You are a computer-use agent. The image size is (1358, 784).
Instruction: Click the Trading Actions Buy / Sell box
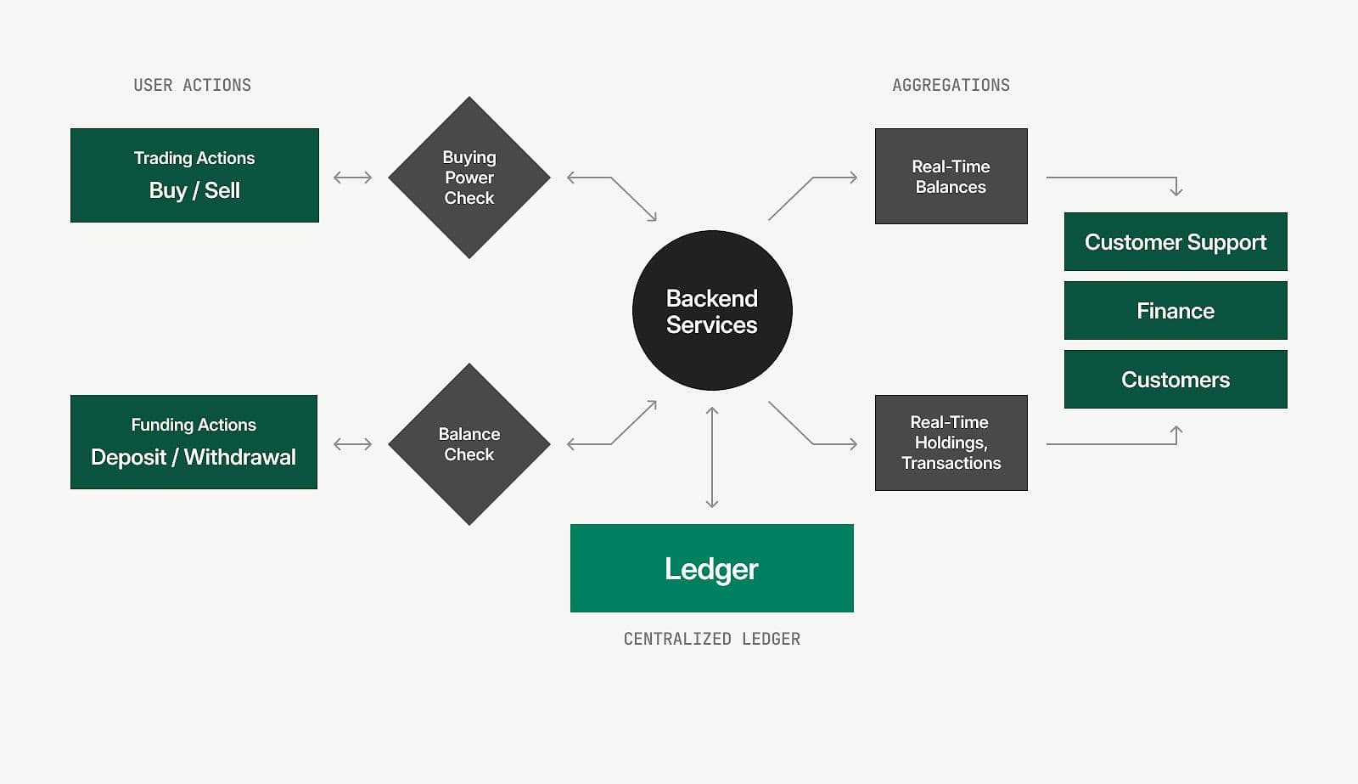pyautogui.click(x=194, y=175)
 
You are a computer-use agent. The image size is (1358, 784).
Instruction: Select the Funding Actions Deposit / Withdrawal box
pyautogui.click(x=194, y=442)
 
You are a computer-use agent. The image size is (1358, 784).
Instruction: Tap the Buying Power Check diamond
pyautogui.click(x=469, y=178)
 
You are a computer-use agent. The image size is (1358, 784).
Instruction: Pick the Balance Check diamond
pyautogui.click(x=469, y=444)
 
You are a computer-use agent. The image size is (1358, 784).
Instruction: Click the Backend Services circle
pyautogui.click(x=712, y=311)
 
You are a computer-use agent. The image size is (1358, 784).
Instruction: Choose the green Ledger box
pyautogui.click(x=711, y=568)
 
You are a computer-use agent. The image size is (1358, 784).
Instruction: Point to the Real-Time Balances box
pyautogui.click(x=951, y=177)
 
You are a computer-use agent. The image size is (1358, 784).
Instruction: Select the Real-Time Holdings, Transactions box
pyautogui.click(x=951, y=443)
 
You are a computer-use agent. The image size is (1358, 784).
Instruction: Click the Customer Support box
pyautogui.click(x=1176, y=242)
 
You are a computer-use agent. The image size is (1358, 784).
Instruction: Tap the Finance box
pyautogui.click(x=1176, y=311)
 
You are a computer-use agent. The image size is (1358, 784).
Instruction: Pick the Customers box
pyautogui.click(x=1176, y=380)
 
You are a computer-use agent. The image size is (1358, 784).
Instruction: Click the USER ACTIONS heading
pyautogui.click(x=193, y=85)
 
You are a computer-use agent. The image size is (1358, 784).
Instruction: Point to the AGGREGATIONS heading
pyautogui.click(x=951, y=85)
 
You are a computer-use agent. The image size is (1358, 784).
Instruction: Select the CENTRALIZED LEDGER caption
pyautogui.click(x=711, y=639)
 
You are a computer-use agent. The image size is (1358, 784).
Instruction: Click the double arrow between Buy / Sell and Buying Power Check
pyautogui.click(x=353, y=178)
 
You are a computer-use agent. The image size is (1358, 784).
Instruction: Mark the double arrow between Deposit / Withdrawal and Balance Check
pyautogui.click(x=353, y=444)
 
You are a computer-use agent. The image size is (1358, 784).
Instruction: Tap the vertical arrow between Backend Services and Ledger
pyautogui.click(x=712, y=457)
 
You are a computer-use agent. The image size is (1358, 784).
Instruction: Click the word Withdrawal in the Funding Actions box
pyautogui.click(x=240, y=457)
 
